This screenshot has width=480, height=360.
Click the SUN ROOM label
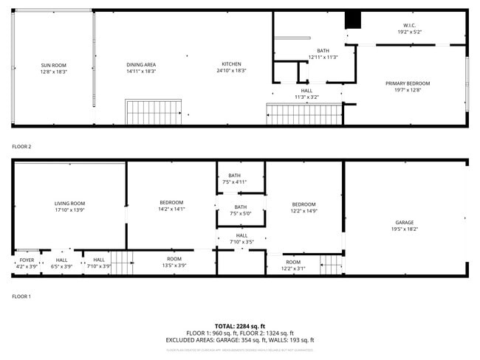point(53,66)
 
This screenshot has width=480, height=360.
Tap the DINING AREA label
point(140,65)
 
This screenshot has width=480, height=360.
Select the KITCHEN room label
point(231,64)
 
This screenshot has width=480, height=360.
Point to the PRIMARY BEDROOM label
point(407,83)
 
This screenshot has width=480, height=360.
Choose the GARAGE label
point(404,223)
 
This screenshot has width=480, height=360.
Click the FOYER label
point(27,260)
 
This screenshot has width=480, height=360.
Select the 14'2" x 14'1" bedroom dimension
point(171,210)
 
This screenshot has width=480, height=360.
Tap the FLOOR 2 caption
point(21,147)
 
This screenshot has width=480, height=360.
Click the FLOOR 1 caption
point(21,297)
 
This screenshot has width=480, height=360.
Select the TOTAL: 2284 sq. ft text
point(239,326)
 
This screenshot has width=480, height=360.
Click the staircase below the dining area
point(154,113)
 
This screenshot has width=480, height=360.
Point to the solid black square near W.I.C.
point(353,21)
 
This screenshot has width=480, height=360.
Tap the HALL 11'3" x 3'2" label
point(306,94)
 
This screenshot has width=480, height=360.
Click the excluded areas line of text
point(239,340)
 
